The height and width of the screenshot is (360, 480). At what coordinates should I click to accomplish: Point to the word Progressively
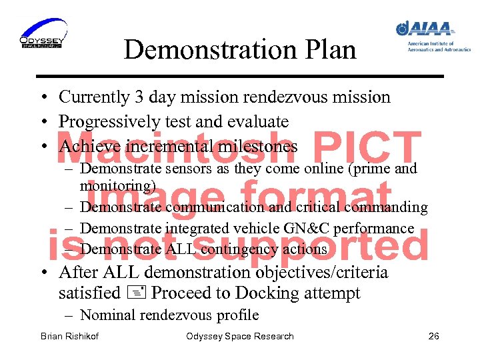tap(111, 121)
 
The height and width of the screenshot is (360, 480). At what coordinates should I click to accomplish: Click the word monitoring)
tap(118, 185)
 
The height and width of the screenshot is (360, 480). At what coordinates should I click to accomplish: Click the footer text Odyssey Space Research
tap(240, 336)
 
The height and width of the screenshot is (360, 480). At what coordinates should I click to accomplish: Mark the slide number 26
tap(433, 336)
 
